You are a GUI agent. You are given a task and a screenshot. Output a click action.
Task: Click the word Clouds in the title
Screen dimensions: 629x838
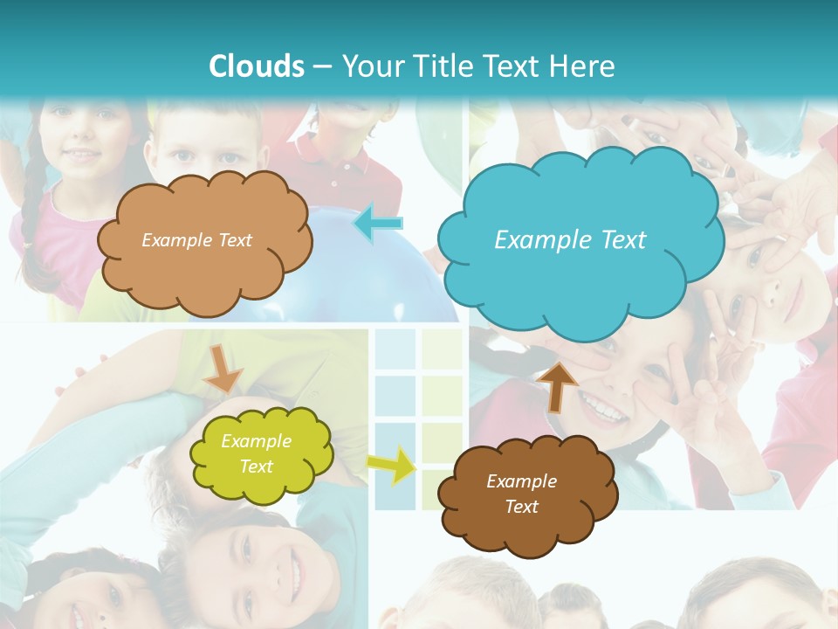click(x=257, y=66)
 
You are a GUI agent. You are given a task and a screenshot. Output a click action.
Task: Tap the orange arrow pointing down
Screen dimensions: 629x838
click(x=223, y=368)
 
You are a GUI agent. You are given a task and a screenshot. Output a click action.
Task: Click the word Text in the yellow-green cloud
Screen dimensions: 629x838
click(x=257, y=467)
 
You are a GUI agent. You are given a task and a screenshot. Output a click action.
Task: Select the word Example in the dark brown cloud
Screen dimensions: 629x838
click(x=521, y=481)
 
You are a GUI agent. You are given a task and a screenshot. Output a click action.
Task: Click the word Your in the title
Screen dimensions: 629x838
click(x=369, y=66)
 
